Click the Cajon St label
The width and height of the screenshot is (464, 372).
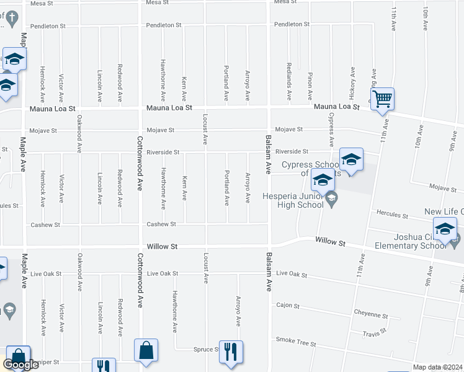[x=288, y=306]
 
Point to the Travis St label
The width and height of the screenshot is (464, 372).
[x=375, y=333]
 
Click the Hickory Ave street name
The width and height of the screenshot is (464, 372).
[x=352, y=82]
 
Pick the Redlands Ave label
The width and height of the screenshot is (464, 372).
[x=289, y=81]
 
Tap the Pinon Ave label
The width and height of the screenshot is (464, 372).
[x=310, y=86]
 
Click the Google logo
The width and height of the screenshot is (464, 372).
[x=20, y=365]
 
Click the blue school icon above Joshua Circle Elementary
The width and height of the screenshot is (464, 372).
[x=445, y=229]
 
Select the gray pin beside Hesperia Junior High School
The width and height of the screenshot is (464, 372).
[x=331, y=198]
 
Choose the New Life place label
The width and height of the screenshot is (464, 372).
[x=444, y=212]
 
